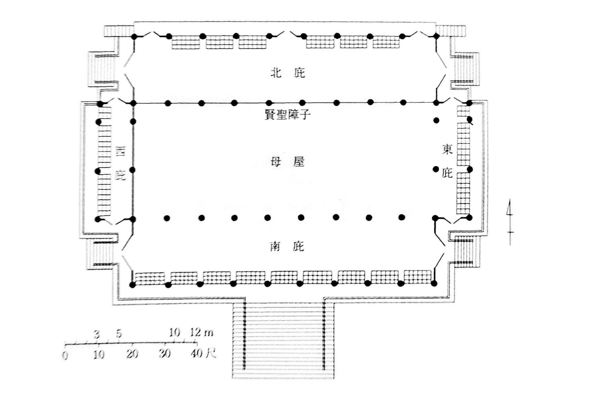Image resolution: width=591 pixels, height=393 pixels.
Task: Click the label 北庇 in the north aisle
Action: click(288, 73)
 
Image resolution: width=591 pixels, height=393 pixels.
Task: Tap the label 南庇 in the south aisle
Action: click(287, 246)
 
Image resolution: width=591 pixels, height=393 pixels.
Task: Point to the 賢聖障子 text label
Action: click(287, 114)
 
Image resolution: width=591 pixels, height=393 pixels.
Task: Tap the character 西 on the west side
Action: click(120, 151)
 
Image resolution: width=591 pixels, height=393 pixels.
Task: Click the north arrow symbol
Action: click(510, 222)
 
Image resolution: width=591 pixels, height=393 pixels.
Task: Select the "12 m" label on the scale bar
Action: click(202, 332)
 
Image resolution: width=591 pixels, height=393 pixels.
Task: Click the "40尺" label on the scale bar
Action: click(203, 353)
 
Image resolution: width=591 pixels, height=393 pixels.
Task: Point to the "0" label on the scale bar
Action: click(65, 355)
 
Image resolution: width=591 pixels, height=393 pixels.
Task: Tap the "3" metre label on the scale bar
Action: click(97, 334)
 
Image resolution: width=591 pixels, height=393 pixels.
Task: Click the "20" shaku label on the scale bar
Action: click(132, 354)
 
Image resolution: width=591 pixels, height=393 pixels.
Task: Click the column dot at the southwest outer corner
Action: click(132, 285)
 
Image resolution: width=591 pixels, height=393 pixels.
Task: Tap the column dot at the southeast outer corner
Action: click(434, 284)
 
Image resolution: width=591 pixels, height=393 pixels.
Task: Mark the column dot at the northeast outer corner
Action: click(436, 36)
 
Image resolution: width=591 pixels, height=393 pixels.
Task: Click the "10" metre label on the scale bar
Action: click(174, 333)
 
